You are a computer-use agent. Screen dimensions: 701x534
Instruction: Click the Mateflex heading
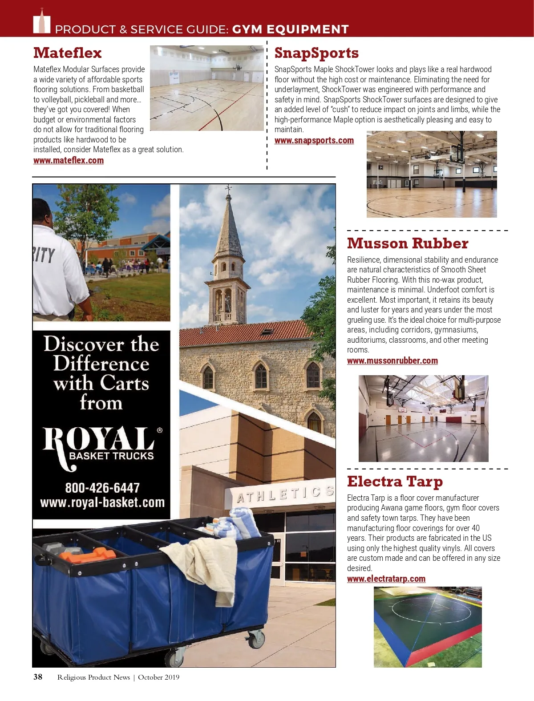pos(68,53)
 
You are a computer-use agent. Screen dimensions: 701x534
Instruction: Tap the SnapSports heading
pos(316,53)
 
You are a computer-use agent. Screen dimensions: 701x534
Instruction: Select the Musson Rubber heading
pos(407,243)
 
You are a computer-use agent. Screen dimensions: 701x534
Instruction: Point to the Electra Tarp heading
pos(395,482)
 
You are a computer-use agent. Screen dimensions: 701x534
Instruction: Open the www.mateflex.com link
pos(69,161)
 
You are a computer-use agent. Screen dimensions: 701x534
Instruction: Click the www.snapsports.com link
pos(314,141)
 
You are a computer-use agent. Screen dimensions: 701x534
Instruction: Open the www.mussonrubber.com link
pos(392,361)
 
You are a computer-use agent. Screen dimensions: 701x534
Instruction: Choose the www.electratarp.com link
pos(386,579)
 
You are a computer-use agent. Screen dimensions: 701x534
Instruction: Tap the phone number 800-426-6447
pos(102,488)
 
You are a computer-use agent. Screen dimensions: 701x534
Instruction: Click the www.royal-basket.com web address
pos(102,503)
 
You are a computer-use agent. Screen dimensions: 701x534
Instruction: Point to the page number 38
pos(38,677)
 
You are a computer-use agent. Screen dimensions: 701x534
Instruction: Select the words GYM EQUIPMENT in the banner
pos(290,29)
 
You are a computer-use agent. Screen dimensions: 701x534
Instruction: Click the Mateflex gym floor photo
pos(207,88)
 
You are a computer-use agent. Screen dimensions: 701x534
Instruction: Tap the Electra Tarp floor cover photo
pos(428,627)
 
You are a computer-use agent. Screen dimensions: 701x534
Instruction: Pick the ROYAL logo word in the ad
pos(99,440)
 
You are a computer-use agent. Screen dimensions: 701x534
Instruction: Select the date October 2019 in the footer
pos(158,677)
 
